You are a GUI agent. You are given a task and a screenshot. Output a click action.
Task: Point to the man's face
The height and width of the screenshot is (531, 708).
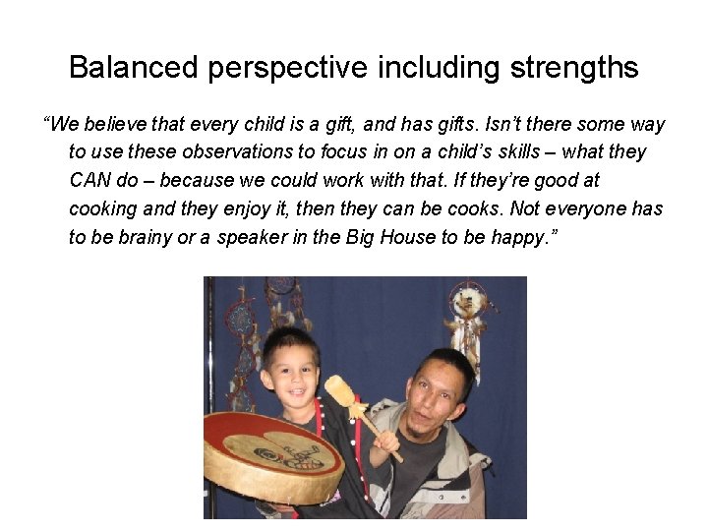439,393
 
